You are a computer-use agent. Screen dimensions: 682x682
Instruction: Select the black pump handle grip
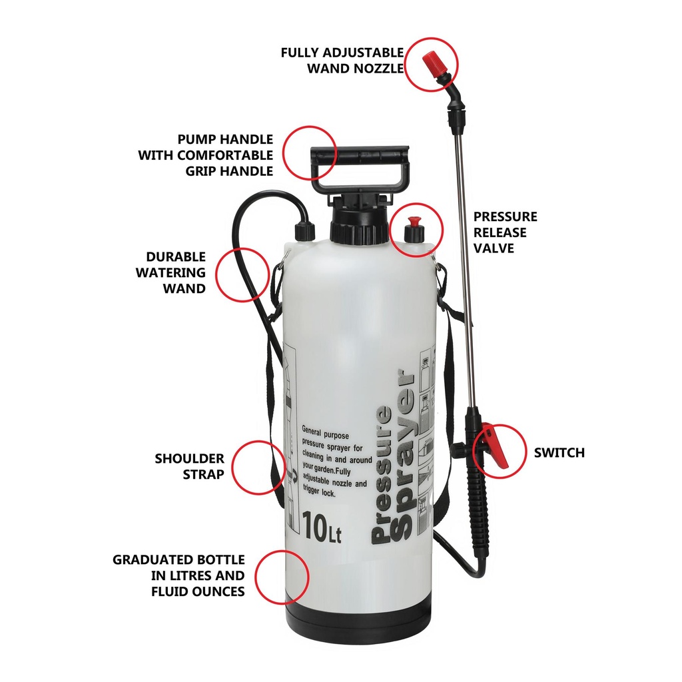(x=359, y=157)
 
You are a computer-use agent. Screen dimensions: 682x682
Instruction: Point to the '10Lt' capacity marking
(x=321, y=528)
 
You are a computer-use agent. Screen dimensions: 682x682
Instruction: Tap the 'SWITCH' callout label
(x=559, y=453)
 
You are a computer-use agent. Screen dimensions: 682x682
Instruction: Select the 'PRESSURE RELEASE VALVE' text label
(x=504, y=232)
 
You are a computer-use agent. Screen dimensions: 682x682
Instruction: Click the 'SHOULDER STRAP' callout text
(x=190, y=466)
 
